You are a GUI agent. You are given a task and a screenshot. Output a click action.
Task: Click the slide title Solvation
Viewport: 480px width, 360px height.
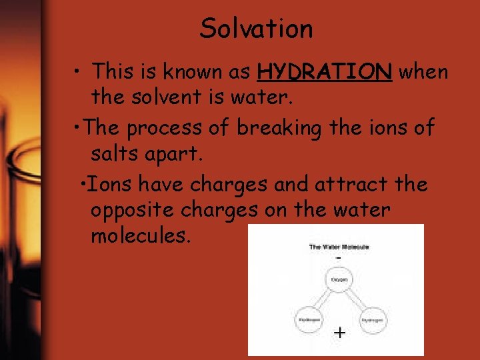pos(256,29)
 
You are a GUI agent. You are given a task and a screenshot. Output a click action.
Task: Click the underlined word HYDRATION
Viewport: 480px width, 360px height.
pos(325,71)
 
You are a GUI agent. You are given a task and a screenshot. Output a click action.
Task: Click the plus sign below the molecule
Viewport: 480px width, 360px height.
pos(339,333)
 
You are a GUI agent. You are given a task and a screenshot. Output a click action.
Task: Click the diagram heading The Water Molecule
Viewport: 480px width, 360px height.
pos(339,247)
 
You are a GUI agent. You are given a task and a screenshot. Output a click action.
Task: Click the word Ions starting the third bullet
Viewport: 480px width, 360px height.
pos(103,184)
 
